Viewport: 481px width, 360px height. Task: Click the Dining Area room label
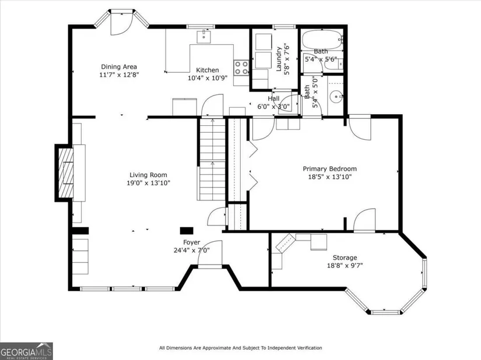[119, 67]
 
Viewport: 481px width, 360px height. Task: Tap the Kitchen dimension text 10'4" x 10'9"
[208, 78]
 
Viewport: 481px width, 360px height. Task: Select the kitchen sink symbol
[203, 37]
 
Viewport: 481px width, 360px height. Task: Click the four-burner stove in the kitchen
[241, 68]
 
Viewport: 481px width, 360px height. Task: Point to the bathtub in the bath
[322, 40]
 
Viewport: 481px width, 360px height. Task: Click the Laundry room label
[279, 59]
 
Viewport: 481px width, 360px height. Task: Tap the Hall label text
[273, 98]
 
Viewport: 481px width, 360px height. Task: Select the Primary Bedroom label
[330, 169]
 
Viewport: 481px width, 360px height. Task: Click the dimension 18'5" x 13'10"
[330, 177]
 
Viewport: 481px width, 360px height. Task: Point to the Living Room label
[148, 175]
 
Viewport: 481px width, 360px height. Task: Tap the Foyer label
[192, 242]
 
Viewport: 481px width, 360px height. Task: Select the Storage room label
[345, 257]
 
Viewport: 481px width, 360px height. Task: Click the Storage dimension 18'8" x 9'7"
[345, 265]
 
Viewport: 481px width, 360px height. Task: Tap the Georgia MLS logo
[26, 351]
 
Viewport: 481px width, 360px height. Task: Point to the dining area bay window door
[121, 23]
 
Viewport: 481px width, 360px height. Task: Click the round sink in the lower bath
[336, 97]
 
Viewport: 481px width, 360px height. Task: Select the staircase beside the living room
[212, 160]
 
